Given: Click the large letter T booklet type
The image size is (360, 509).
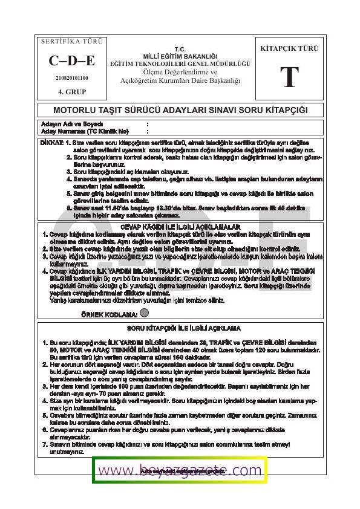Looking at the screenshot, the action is (x=289, y=77).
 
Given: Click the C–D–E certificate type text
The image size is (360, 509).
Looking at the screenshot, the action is (x=71, y=60).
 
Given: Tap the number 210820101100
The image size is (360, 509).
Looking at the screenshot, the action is (x=71, y=78).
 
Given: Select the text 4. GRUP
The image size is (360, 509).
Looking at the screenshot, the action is (x=71, y=92).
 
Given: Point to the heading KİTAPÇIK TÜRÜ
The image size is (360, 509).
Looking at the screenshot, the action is (x=289, y=48).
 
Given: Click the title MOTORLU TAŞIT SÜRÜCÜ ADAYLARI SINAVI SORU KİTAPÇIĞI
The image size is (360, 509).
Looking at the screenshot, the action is (x=180, y=111).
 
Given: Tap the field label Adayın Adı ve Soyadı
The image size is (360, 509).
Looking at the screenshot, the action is (x=66, y=125).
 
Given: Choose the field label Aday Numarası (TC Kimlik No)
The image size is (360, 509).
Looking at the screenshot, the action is (x=85, y=131).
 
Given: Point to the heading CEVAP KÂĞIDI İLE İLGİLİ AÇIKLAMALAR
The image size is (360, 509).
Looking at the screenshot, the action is (x=180, y=226).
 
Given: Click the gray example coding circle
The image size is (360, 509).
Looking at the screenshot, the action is (x=144, y=313).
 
